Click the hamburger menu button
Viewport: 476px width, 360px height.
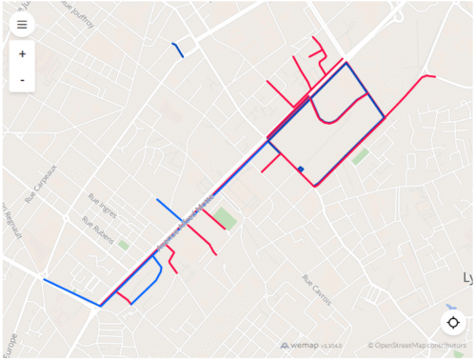[22, 24]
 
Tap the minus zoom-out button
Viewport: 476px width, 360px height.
[22, 80]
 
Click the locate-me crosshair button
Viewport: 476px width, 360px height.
[453, 322]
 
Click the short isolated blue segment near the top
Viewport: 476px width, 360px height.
[177, 50]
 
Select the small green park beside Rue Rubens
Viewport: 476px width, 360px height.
[124, 245]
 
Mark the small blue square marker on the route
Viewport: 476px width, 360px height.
[301, 170]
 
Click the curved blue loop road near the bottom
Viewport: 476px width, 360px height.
[152, 283]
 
